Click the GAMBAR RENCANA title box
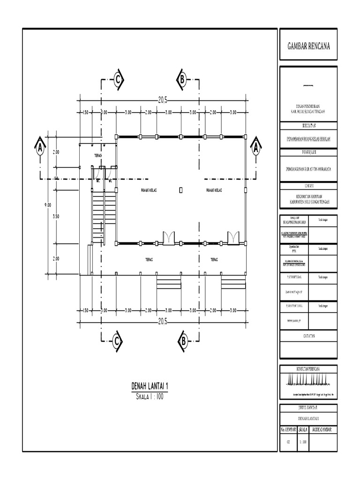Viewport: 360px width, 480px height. click(x=308, y=45)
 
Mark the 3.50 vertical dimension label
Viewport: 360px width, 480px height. click(x=56, y=217)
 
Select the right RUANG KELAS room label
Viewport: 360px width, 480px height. click(x=214, y=190)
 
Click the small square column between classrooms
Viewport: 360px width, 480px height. click(x=181, y=190)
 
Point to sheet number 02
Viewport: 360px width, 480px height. click(x=288, y=441)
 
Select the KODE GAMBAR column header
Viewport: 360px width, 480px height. click(x=323, y=429)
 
